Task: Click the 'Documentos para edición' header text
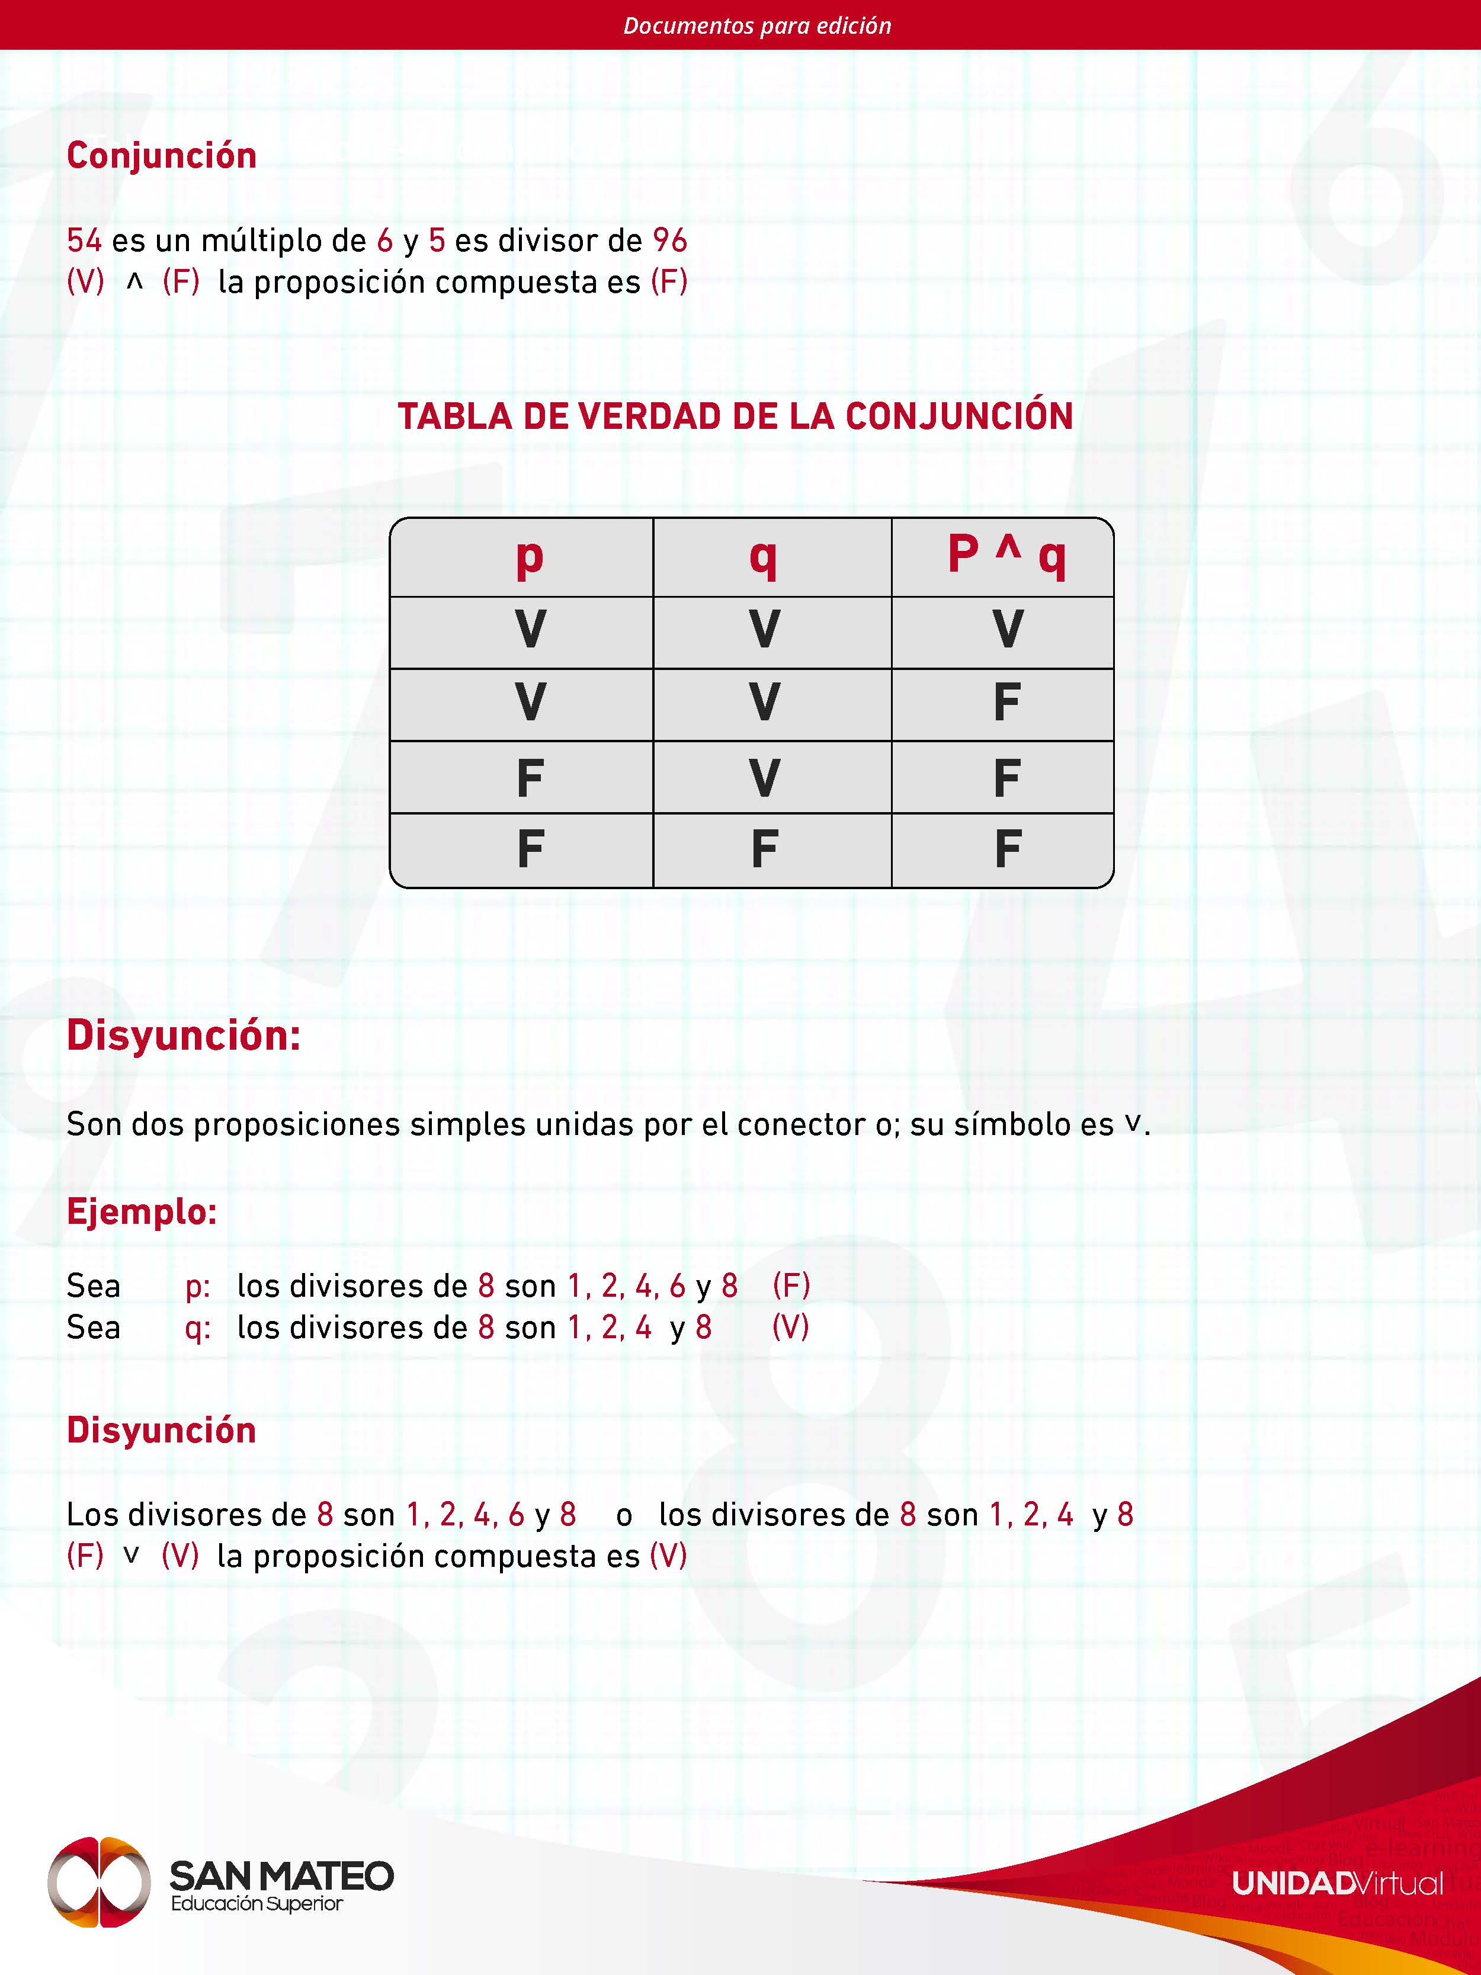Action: point(757,25)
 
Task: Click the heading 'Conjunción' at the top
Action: point(162,155)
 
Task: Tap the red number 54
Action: point(84,240)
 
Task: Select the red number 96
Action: point(669,240)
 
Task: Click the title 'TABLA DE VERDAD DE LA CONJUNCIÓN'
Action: point(735,416)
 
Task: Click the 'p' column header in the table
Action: point(530,558)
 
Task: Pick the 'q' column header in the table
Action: point(763,558)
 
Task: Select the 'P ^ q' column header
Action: point(1006,555)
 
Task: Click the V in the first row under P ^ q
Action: point(1007,630)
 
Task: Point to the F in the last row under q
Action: point(764,849)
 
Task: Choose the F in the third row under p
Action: point(530,778)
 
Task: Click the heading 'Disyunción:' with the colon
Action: point(183,1035)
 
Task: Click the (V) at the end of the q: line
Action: point(790,1328)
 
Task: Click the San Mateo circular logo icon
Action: point(98,1881)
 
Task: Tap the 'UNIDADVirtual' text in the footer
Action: point(1336,1884)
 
